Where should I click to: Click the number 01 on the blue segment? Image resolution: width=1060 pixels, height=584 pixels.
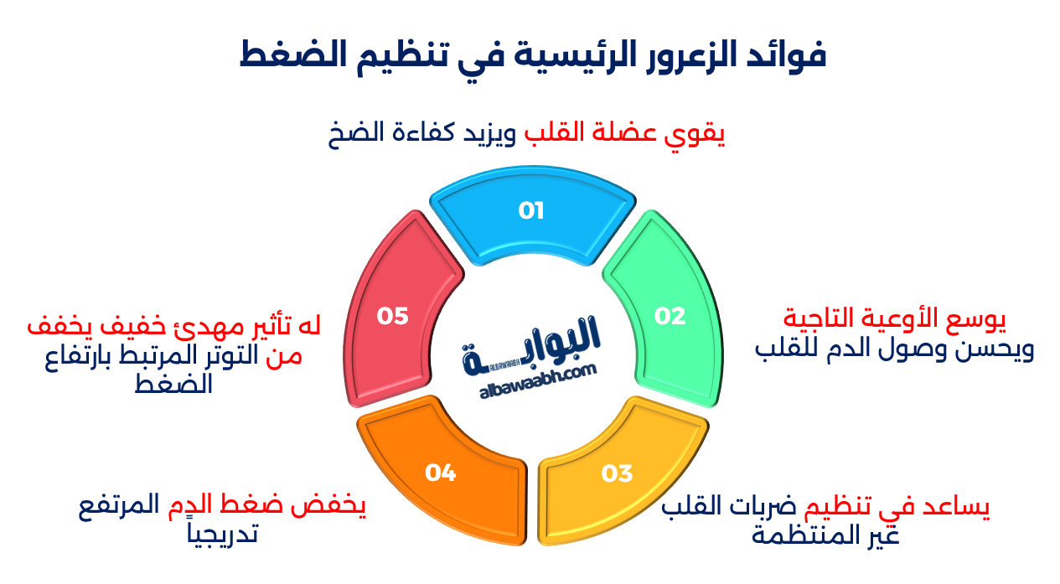pyautogui.click(x=531, y=210)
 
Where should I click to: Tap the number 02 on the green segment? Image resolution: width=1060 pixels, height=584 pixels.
pyautogui.click(x=670, y=316)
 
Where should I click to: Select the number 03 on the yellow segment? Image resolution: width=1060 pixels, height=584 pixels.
pyautogui.click(x=617, y=473)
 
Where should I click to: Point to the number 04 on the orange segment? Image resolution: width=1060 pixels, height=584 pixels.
pyautogui.click(x=439, y=473)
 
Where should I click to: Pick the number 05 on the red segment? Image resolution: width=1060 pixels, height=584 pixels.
pyautogui.click(x=392, y=316)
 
